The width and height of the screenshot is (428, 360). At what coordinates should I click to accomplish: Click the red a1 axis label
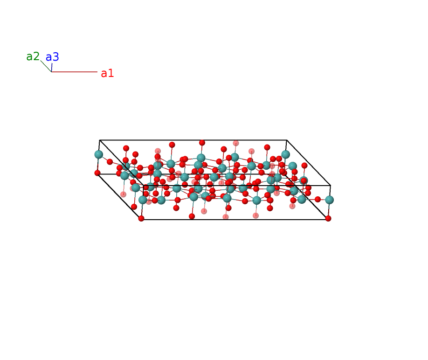107,73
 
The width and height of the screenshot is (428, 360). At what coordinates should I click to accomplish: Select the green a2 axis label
33,56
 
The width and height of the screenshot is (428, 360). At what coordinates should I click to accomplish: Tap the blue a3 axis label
52,57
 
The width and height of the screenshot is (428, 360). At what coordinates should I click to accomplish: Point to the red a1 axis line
74,72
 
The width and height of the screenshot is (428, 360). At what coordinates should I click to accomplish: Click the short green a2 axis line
46,66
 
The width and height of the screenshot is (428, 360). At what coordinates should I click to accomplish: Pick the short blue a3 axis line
52,68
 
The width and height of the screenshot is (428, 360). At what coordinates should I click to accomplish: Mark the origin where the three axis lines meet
51,72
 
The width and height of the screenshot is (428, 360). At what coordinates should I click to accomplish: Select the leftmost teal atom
98,154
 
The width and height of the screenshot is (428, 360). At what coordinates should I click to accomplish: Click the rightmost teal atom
330,200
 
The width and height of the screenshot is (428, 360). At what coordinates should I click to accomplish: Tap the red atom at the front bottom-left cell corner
141,218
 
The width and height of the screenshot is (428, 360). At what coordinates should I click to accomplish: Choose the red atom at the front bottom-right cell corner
328,218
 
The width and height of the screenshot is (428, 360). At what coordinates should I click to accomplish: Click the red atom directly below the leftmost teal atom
97,173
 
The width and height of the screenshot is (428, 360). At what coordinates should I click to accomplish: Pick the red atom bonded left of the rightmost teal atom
318,199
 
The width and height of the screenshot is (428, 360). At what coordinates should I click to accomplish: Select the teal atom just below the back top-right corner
285,154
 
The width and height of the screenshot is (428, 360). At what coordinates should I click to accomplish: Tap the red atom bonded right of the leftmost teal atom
110,162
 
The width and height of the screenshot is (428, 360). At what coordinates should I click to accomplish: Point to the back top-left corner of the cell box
100,140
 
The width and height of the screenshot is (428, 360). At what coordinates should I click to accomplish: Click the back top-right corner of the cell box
287,140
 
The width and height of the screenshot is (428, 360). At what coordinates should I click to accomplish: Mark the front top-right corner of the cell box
331,186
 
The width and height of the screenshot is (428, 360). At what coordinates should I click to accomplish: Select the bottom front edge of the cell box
235,220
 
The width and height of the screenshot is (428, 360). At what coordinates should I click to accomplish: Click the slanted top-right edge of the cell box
309,163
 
